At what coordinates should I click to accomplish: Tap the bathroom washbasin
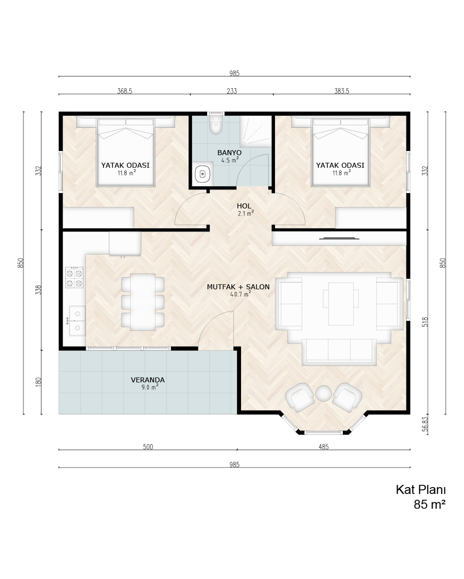202,174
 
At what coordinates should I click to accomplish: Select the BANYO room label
229,153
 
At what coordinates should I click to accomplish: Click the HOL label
244,206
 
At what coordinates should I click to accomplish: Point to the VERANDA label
148,380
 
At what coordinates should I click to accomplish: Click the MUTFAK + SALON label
238,287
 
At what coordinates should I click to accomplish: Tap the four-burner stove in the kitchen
74,277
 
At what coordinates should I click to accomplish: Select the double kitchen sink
77,321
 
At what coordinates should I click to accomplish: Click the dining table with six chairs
143,302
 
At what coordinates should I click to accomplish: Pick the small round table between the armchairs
324,393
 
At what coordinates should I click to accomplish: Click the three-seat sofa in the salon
339,352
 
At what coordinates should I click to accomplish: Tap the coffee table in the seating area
341,304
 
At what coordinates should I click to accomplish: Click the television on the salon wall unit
339,238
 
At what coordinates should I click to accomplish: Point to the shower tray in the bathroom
256,132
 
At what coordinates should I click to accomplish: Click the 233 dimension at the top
232,91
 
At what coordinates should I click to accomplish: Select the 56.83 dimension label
425,424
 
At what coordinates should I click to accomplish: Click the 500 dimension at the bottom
148,447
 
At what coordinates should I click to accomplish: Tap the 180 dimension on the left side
38,382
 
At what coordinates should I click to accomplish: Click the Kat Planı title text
420,490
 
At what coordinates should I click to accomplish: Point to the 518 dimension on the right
425,322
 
